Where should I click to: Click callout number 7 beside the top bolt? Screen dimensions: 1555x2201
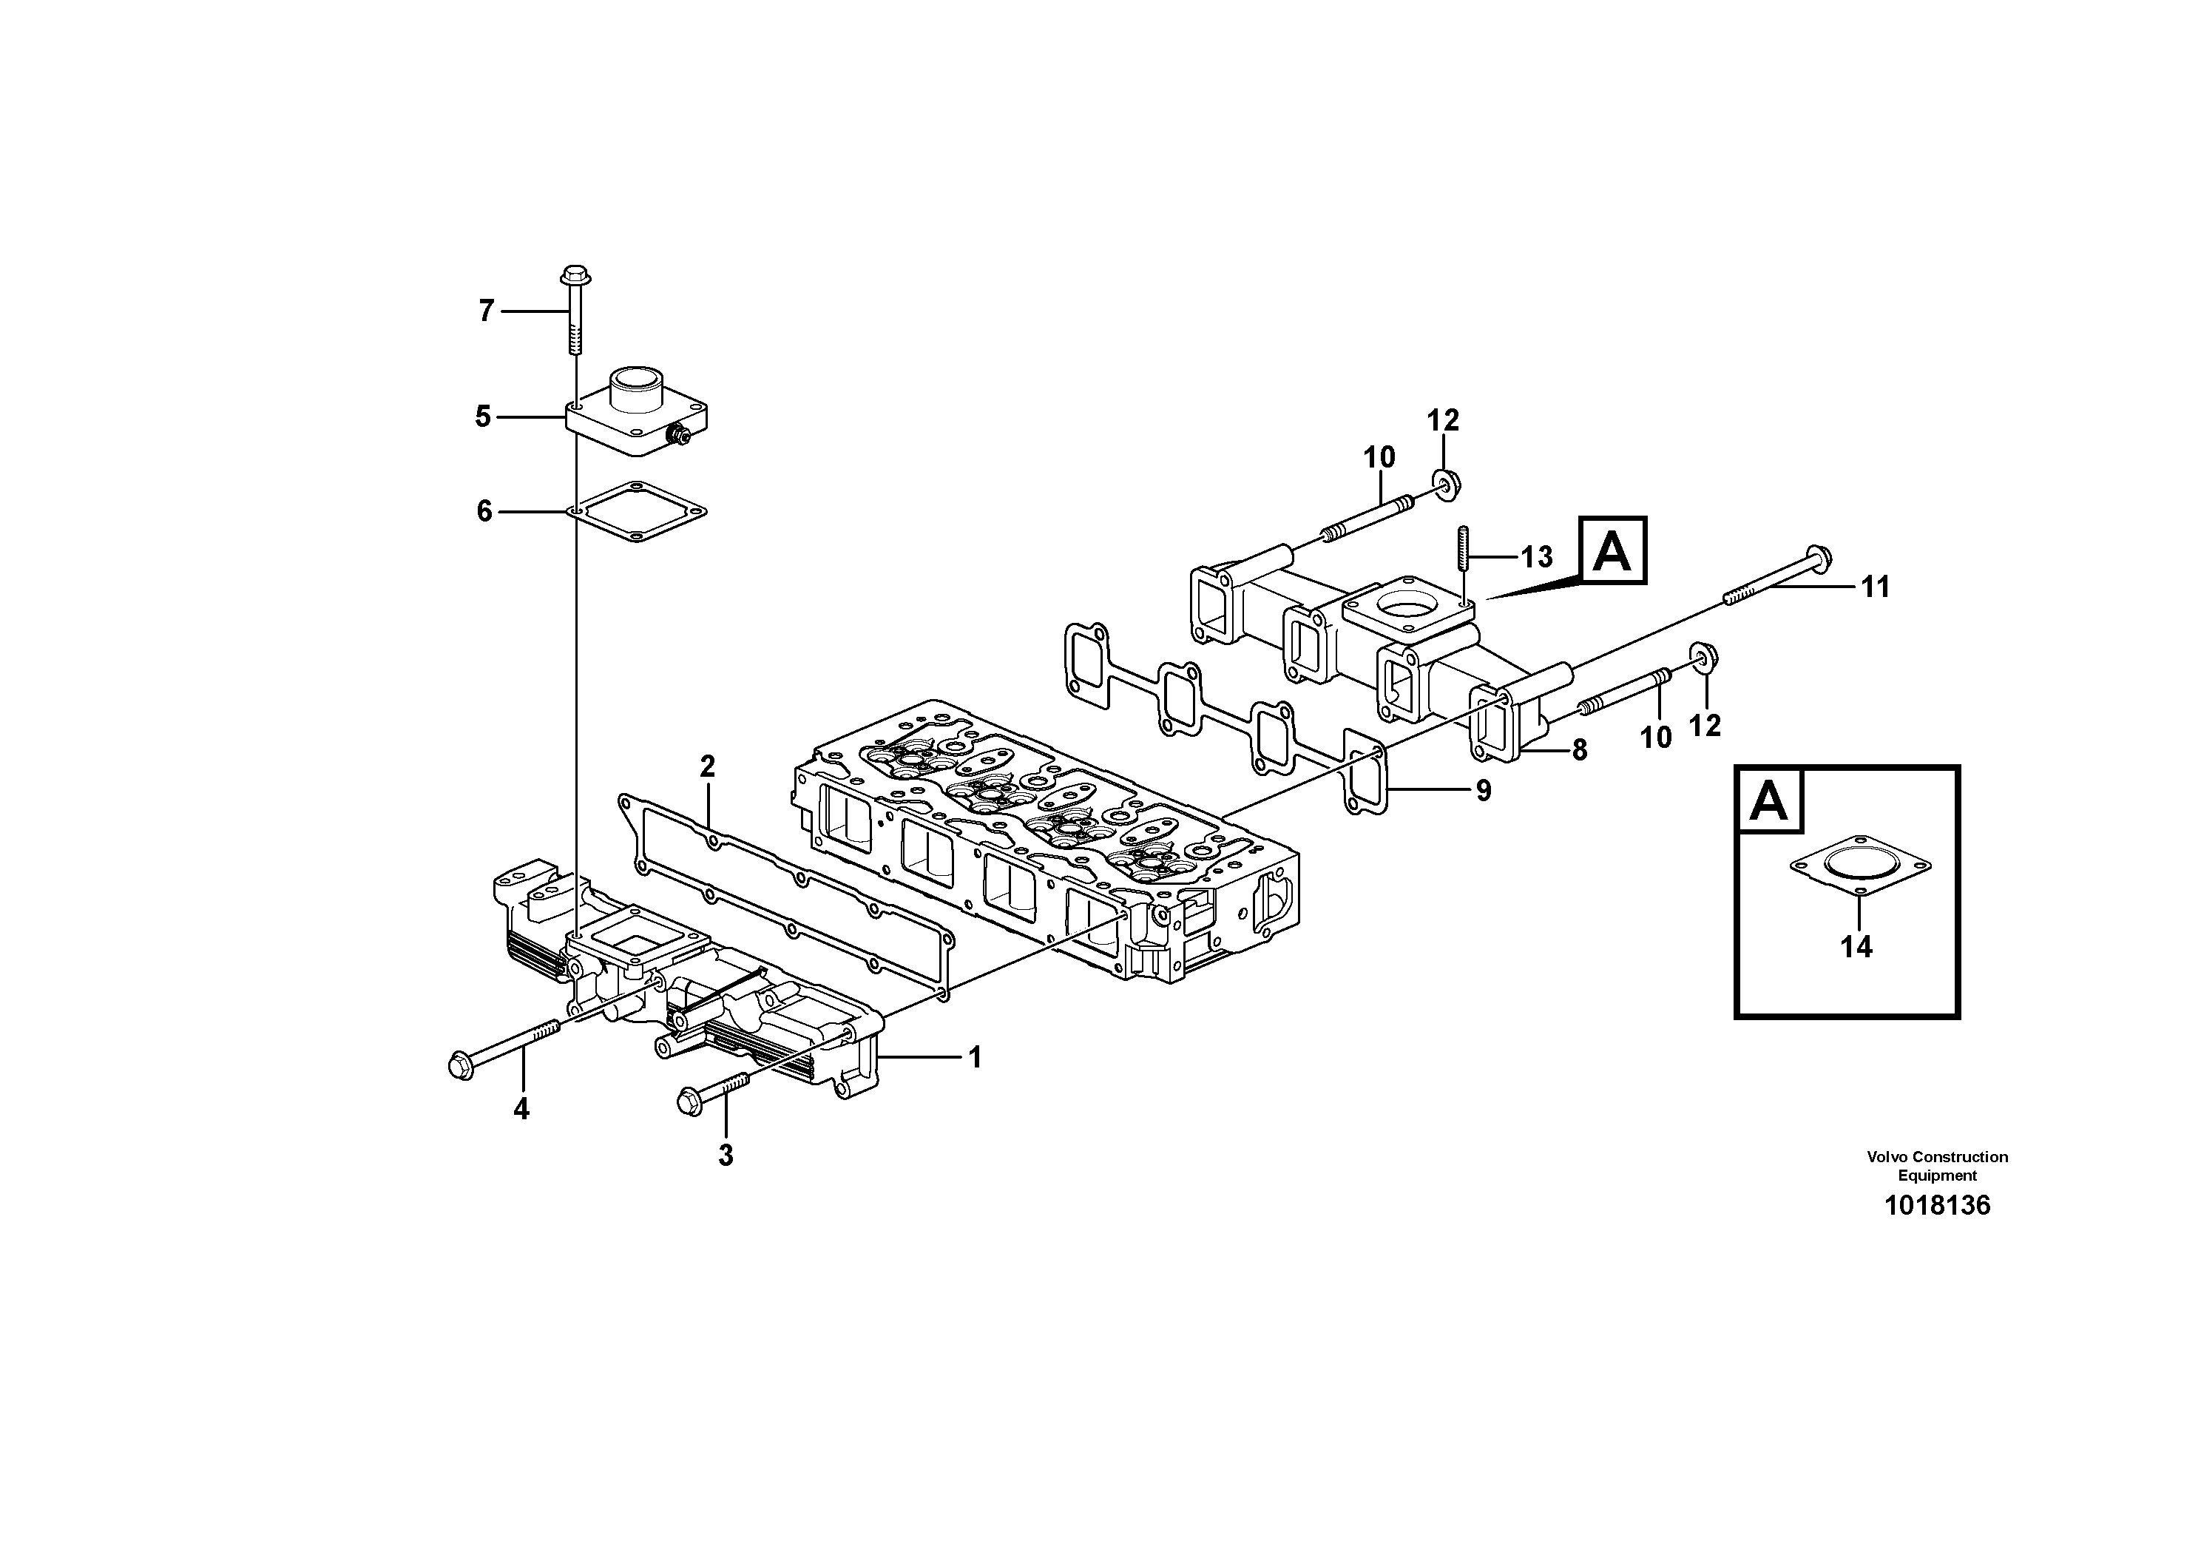486,311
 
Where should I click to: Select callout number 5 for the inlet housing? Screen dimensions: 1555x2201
483,417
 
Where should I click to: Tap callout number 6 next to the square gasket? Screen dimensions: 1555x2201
484,512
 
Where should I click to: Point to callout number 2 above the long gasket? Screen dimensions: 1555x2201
708,767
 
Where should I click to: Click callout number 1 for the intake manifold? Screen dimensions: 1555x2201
975,1059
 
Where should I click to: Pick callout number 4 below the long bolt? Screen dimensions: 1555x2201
521,1109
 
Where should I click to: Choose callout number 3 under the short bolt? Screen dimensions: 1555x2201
726,1156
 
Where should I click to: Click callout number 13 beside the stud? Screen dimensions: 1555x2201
1538,557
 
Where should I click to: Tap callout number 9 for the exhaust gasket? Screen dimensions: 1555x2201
1483,791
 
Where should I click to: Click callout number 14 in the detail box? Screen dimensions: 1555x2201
1856,947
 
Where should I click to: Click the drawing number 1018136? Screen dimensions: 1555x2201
1938,1205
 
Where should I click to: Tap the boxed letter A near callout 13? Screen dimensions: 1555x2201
1612,550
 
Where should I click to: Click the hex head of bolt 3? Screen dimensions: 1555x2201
689,1101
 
